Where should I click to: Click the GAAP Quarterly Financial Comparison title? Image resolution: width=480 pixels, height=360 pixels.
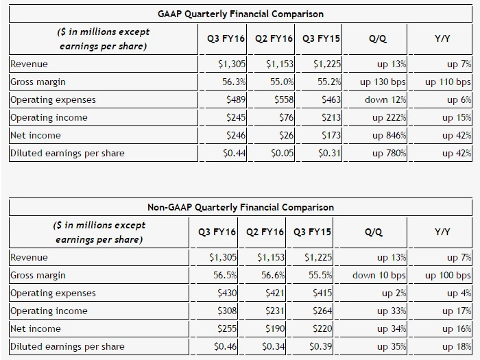tap(241, 14)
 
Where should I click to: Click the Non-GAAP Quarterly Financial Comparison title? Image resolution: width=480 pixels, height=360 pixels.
tap(241, 207)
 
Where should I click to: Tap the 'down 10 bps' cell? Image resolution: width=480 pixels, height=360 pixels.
tap(379, 275)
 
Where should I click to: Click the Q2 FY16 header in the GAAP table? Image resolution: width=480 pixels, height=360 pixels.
tap(274, 39)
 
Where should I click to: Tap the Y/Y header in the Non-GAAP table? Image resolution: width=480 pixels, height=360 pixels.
tap(442, 232)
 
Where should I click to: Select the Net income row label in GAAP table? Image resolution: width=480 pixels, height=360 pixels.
tap(36, 135)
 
